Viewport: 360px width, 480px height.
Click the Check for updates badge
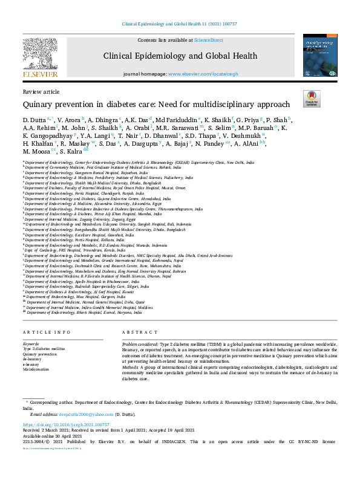pyautogui.click(x=311, y=99)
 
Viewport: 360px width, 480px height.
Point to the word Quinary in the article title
pyautogui.click(x=39, y=103)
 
